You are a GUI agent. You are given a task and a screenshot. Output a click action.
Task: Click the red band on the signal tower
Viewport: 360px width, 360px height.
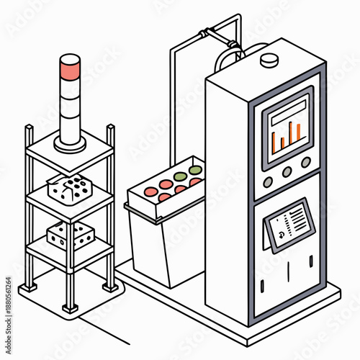[x=71, y=71]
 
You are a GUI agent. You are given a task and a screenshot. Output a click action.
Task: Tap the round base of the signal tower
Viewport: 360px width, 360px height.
[x=70, y=144]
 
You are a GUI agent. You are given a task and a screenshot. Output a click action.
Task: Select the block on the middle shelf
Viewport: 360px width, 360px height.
[x=70, y=189]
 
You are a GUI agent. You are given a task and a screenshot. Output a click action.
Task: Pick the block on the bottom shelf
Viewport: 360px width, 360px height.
[x=70, y=235]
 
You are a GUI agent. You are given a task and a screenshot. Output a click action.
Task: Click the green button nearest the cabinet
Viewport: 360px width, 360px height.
[x=195, y=171]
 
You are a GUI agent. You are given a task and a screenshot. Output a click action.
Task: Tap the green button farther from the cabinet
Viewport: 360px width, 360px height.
[x=179, y=176]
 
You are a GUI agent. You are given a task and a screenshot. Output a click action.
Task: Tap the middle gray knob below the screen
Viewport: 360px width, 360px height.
[x=287, y=172]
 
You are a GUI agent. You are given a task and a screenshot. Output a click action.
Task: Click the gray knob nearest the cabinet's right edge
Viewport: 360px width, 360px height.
[x=305, y=163]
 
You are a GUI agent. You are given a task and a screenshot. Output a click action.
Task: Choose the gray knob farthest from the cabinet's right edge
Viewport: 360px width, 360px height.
[x=268, y=181]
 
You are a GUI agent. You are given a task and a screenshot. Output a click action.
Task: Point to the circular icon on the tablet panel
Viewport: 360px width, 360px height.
[x=273, y=232]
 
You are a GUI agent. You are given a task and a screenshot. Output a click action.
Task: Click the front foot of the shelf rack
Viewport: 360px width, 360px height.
[x=70, y=308]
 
